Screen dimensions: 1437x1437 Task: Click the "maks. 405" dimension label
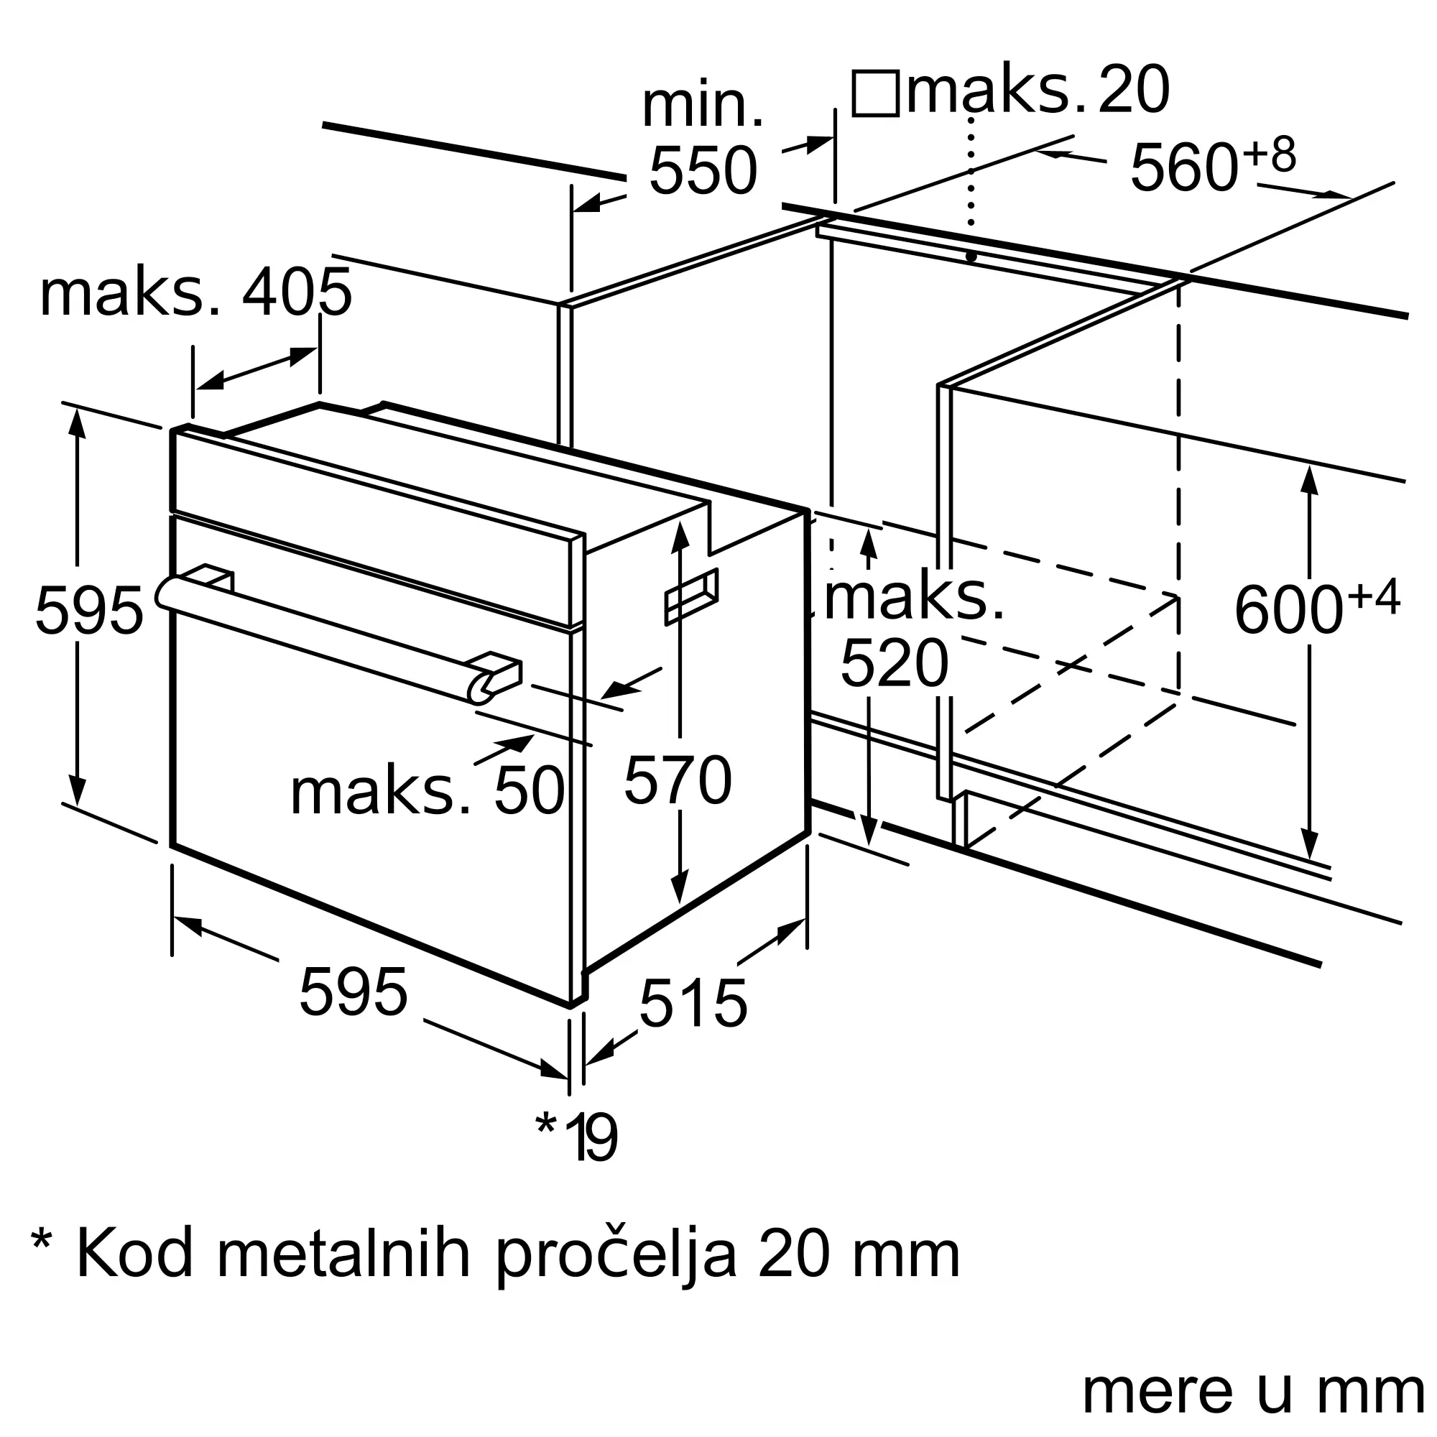click(x=195, y=293)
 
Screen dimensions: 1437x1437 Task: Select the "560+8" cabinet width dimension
click(x=1212, y=165)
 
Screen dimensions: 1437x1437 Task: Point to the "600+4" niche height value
click(x=1316, y=609)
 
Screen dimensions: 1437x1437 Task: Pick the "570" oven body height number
click(x=678, y=780)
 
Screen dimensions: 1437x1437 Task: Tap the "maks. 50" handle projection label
click(x=427, y=791)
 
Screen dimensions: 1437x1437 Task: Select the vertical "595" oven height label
click(x=88, y=610)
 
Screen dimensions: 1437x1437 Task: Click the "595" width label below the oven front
click(x=354, y=992)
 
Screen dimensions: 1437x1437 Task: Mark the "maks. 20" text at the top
click(x=1038, y=91)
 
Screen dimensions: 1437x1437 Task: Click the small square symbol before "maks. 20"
click(x=875, y=93)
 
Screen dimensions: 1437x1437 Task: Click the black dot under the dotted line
click(x=971, y=257)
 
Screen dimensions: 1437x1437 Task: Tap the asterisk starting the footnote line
click(x=42, y=1243)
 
